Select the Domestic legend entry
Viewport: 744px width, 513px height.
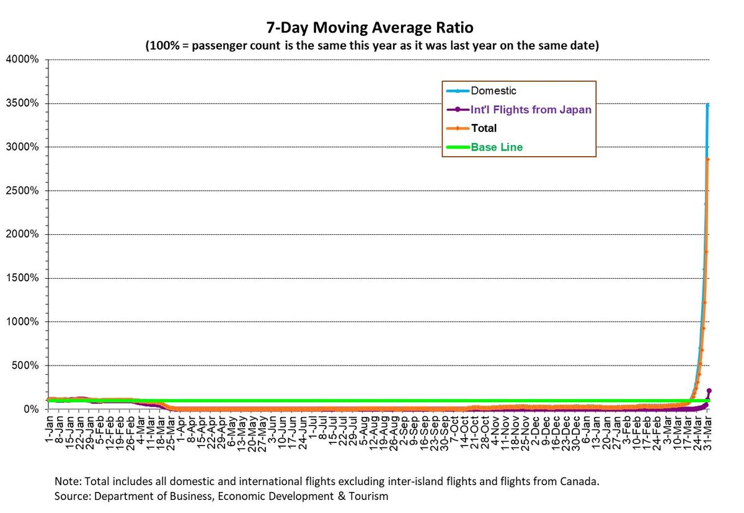(494, 91)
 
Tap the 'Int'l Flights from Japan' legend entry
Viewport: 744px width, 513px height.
(531, 110)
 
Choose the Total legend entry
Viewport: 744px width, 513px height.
(484, 128)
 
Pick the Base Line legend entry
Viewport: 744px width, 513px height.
(497, 147)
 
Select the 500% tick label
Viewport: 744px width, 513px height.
(25, 366)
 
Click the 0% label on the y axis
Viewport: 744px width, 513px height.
(30, 409)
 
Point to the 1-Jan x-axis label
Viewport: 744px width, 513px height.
(49, 425)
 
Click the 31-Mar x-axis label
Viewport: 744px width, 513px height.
(709, 427)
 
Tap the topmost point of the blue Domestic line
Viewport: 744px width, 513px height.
(708, 105)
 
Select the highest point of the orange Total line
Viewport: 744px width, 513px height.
(708, 159)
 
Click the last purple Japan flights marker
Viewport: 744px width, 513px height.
(709, 391)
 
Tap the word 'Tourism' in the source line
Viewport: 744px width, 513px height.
(370, 496)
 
